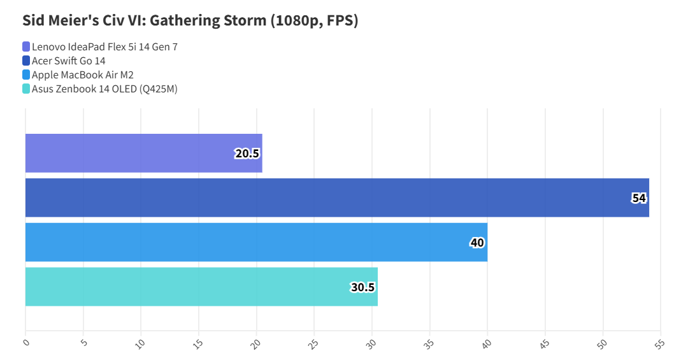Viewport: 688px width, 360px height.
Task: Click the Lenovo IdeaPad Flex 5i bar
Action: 143,153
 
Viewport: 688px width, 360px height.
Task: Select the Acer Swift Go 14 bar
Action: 337,198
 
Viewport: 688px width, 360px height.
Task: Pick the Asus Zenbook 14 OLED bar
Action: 201,287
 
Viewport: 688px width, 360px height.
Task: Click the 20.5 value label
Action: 247,154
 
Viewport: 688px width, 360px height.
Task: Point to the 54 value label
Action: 639,198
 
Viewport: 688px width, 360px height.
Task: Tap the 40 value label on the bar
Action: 477,243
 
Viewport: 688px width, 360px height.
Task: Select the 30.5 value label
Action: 362,287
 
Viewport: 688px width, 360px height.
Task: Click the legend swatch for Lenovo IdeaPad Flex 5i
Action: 26,47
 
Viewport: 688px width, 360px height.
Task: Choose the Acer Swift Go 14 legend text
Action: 69,61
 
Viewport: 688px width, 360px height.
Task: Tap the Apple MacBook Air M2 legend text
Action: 83,75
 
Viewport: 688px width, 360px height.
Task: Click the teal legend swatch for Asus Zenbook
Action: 26,89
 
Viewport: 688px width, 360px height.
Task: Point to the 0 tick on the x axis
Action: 26,342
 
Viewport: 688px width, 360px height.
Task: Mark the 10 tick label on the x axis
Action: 141,343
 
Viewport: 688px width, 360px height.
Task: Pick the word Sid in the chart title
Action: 34,20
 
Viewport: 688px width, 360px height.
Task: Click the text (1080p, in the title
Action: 299,20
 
